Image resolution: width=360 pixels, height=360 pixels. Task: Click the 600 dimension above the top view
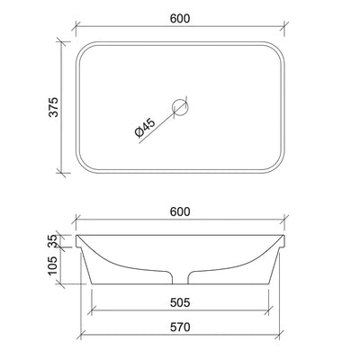(180, 19)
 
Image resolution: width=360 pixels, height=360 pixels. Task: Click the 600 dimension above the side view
(180, 211)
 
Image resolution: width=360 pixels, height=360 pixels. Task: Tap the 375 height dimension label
(53, 107)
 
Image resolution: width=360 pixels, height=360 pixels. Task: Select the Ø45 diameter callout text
(146, 128)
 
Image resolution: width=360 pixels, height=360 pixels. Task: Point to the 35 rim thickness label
(52, 240)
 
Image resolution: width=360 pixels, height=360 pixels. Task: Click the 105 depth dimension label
(52, 265)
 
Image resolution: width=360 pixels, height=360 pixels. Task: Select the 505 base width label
(180, 302)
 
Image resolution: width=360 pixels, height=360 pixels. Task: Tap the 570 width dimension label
(180, 327)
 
